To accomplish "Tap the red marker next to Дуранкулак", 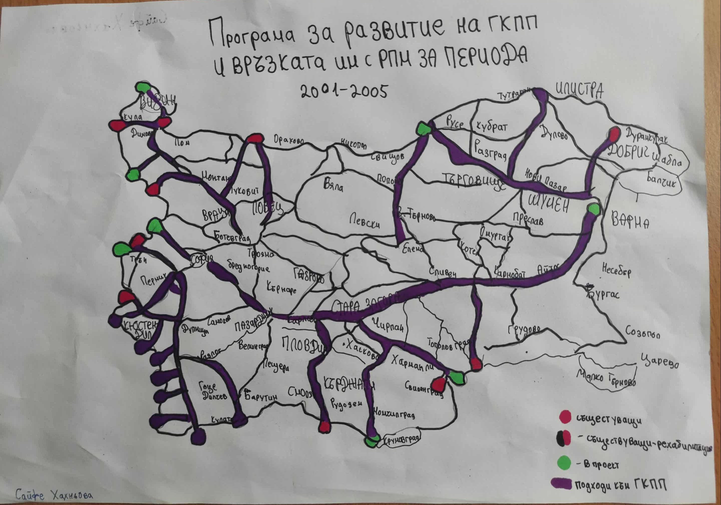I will tap(614, 134).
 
